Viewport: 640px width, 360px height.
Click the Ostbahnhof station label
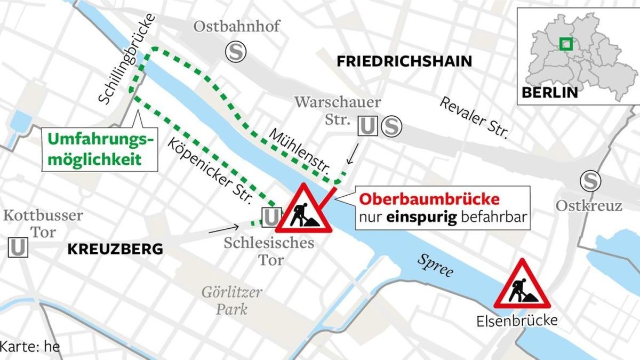click(x=236, y=27)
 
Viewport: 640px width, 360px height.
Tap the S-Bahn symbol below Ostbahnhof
click(x=235, y=52)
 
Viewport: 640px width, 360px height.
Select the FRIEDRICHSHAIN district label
click(x=404, y=61)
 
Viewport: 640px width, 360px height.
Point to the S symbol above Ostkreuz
click(x=590, y=181)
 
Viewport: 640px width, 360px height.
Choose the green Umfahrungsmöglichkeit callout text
click(x=100, y=149)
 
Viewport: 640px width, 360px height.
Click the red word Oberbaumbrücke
click(x=429, y=199)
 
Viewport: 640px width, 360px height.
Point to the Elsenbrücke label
click(x=518, y=321)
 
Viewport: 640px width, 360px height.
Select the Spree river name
click(x=435, y=266)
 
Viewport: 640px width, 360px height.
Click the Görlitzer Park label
click(x=231, y=300)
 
